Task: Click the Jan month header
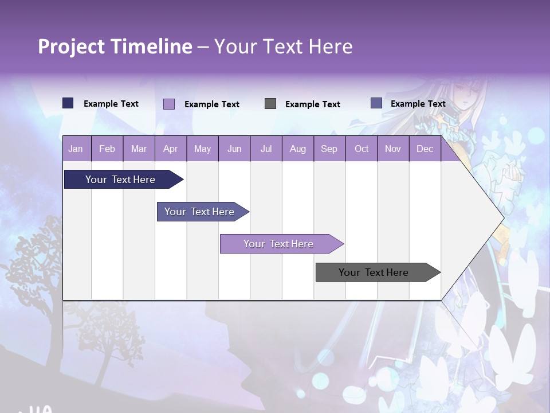pyautogui.click(x=76, y=149)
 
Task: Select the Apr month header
pyautogui.click(x=171, y=149)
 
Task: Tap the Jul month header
pyautogui.click(x=266, y=149)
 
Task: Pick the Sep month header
pyautogui.click(x=329, y=149)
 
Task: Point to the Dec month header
pyautogui.click(x=425, y=149)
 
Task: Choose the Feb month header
pyautogui.click(x=107, y=149)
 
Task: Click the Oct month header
pyautogui.click(x=362, y=149)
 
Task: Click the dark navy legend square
pyautogui.click(x=68, y=103)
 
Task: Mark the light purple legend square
pyautogui.click(x=168, y=104)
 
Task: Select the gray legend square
pyautogui.click(x=270, y=103)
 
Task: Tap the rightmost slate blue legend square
pyautogui.click(x=376, y=103)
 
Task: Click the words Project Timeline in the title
pyautogui.click(x=115, y=46)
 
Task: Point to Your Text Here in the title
pyautogui.click(x=283, y=46)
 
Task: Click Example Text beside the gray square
pyautogui.click(x=312, y=104)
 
